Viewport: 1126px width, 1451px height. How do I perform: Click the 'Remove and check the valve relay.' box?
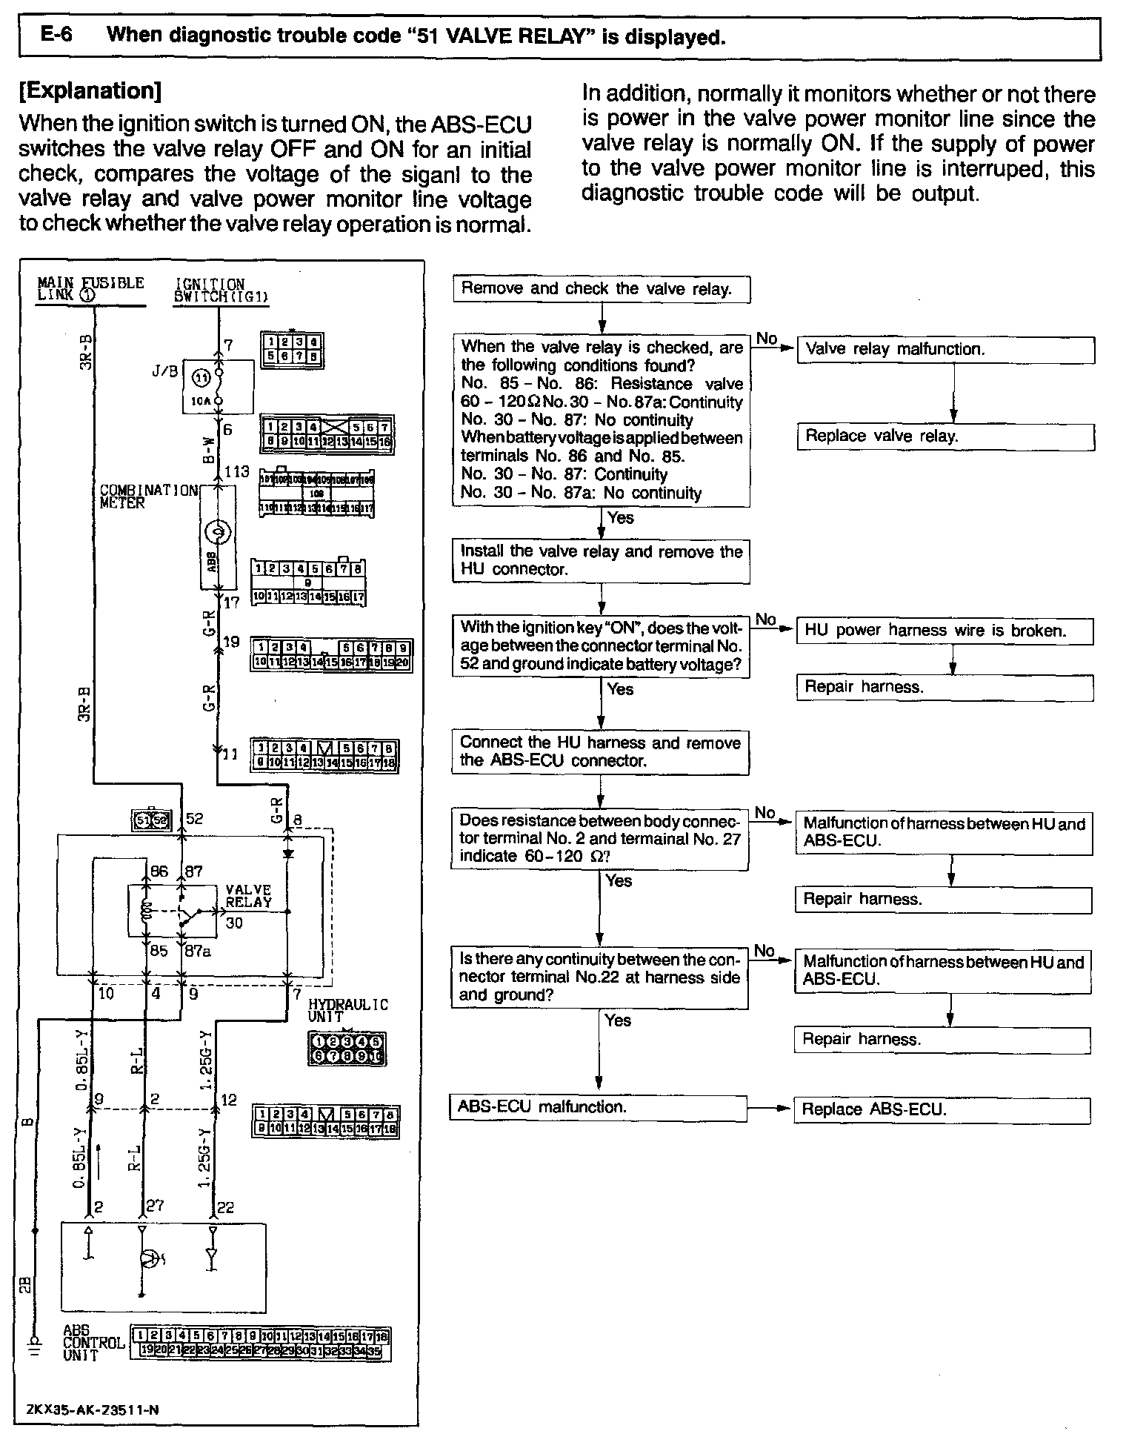click(601, 289)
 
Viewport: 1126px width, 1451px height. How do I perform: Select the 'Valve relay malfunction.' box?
click(945, 350)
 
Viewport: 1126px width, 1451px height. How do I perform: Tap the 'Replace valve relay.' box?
click(945, 436)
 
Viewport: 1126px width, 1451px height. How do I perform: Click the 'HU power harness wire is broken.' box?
click(945, 631)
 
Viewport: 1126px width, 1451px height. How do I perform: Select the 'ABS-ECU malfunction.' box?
click(599, 1107)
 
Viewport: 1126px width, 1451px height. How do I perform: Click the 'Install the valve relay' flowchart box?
click(601, 560)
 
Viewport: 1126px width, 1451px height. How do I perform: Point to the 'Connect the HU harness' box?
click(600, 751)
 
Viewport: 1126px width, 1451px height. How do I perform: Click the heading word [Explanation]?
click(90, 91)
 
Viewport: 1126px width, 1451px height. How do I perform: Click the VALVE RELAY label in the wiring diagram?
click(248, 896)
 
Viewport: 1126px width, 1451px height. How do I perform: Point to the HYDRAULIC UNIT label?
click(348, 1010)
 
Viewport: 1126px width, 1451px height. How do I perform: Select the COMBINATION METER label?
click(148, 496)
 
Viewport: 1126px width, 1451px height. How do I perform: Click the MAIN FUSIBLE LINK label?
click(90, 288)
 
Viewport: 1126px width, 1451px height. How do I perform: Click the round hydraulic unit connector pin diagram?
click(347, 1049)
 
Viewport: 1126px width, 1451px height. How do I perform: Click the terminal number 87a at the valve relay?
click(197, 951)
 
